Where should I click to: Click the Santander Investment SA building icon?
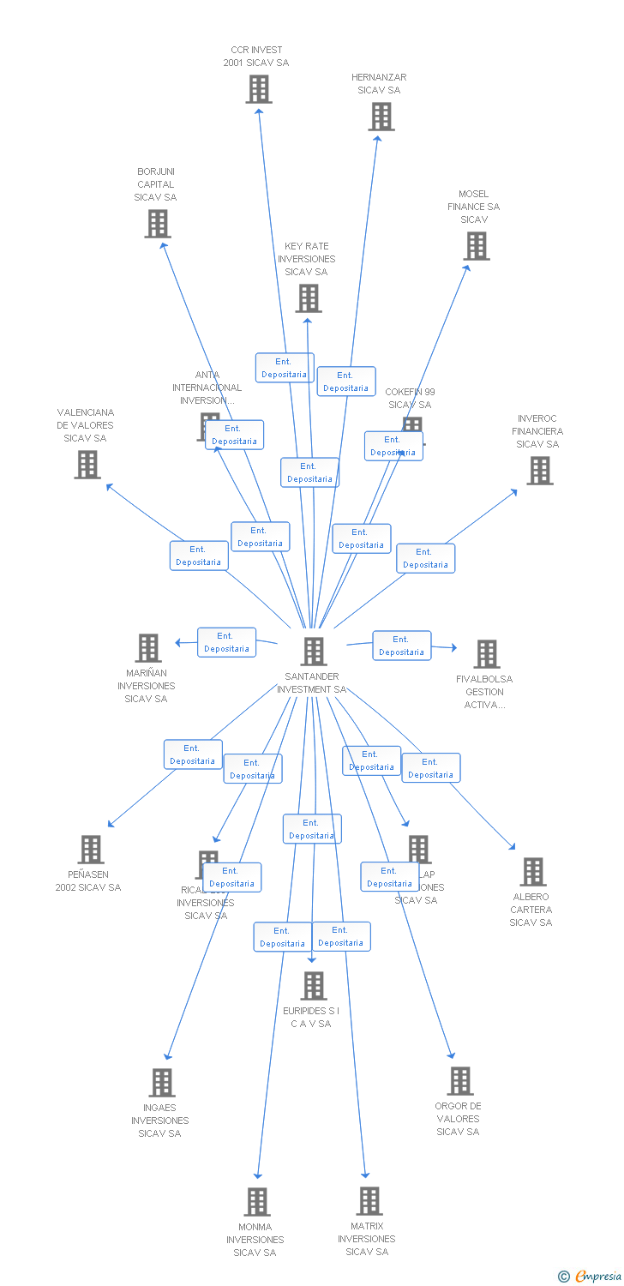click(x=314, y=652)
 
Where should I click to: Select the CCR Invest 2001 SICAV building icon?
click(x=259, y=89)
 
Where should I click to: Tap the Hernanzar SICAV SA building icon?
click(x=381, y=117)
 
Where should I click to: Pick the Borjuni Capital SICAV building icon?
click(x=158, y=224)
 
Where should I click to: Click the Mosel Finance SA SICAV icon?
click(x=477, y=246)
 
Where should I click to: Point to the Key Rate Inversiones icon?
click(x=309, y=298)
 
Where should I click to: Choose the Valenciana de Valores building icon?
click(x=87, y=465)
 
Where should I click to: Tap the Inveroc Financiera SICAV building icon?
click(x=539, y=471)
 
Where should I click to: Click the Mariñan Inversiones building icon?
click(x=148, y=648)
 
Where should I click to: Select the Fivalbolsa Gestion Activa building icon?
click(x=487, y=654)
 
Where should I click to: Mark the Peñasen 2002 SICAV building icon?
click(x=90, y=850)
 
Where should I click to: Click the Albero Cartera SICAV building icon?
click(x=533, y=872)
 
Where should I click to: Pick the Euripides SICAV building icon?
click(x=314, y=986)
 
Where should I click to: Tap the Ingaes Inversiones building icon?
click(x=162, y=1083)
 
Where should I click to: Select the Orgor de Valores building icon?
click(x=460, y=1081)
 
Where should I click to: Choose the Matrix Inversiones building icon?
click(x=369, y=1201)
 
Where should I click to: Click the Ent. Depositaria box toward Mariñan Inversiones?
click(x=227, y=642)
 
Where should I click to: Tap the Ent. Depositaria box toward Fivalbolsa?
click(x=402, y=646)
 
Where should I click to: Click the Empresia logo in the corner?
click(x=591, y=1277)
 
